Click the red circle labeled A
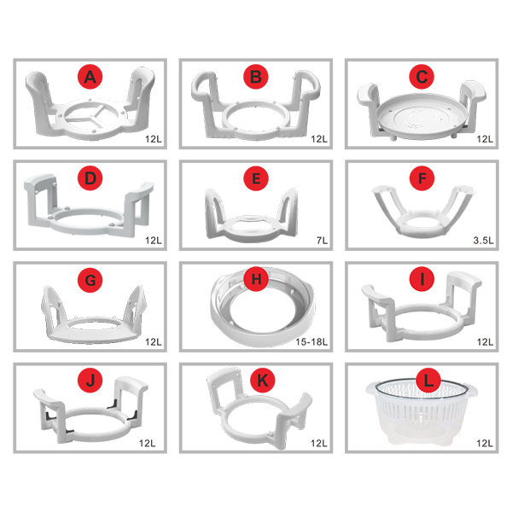pyautogui.click(x=90, y=77)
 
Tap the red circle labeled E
pyautogui.click(x=256, y=178)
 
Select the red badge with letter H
pyautogui.click(x=256, y=279)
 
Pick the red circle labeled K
pyautogui.click(x=263, y=381)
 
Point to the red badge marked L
pyautogui.click(x=428, y=381)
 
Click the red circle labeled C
pyautogui.click(x=422, y=77)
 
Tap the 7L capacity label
pyautogui.click(x=322, y=241)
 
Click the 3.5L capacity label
pyautogui.click(x=483, y=241)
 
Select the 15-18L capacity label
pyautogui.click(x=311, y=342)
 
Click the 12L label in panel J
pyautogui.click(x=148, y=443)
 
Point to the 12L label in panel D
pyautogui.click(x=153, y=241)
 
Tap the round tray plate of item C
pyautogui.click(x=422, y=117)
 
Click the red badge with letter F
pyautogui.click(x=422, y=178)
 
